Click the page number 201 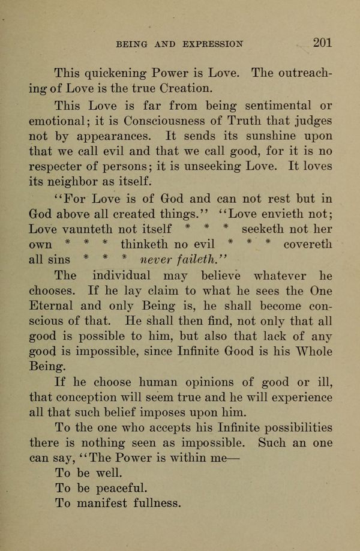(x=322, y=43)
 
